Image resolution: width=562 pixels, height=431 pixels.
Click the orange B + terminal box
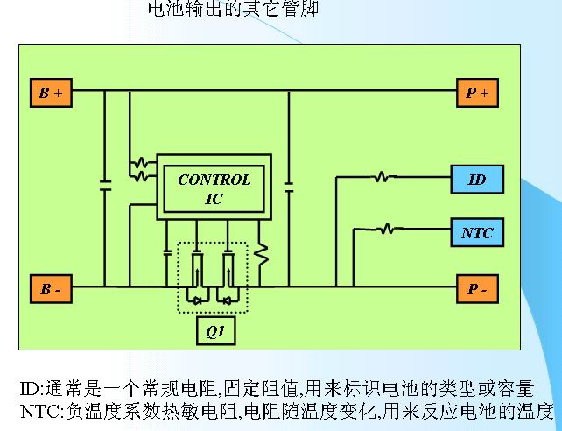(x=50, y=92)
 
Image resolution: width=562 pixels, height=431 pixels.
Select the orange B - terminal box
(x=50, y=288)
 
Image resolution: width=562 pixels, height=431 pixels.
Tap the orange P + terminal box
(x=478, y=92)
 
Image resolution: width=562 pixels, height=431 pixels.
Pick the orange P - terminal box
(x=478, y=288)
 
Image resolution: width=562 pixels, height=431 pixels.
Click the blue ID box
(x=477, y=179)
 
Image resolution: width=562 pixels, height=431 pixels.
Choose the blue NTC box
(x=477, y=233)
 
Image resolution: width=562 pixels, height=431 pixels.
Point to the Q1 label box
(x=214, y=332)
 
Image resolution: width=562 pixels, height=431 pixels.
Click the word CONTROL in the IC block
(x=214, y=180)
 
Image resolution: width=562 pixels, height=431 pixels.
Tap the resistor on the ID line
(x=382, y=178)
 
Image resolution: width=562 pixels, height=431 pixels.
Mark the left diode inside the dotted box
(x=197, y=300)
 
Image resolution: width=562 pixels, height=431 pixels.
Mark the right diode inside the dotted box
(x=228, y=300)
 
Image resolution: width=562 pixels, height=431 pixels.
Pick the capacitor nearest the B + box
(x=105, y=186)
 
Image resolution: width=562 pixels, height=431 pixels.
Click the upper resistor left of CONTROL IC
(x=138, y=163)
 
